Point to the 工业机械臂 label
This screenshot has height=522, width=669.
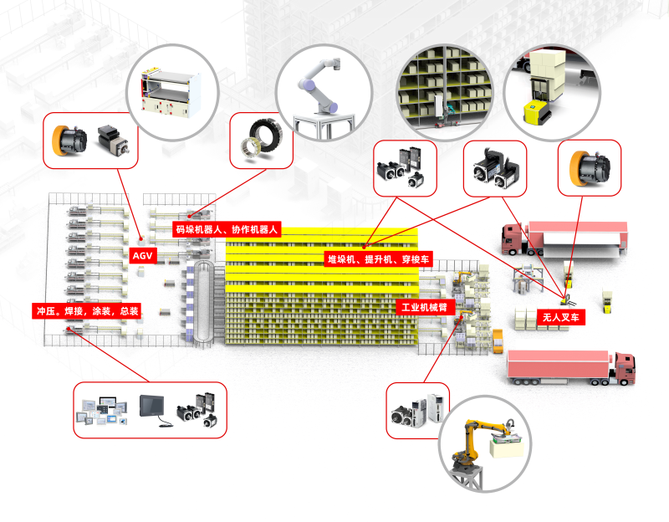click(424, 308)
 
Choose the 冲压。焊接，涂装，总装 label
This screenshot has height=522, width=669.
click(86, 310)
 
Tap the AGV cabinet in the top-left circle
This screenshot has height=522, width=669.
click(174, 92)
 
